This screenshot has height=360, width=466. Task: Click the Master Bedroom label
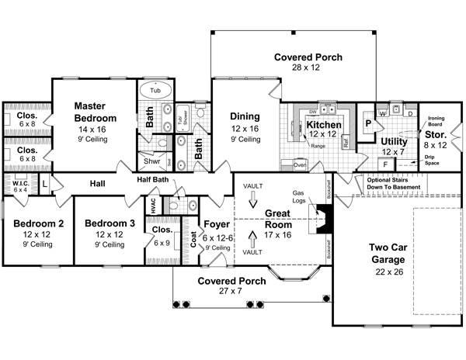pos(96,112)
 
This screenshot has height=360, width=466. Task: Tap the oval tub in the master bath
pos(156,91)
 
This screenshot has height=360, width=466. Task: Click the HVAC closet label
pos(154,206)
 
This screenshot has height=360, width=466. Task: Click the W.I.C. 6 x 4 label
pos(19,184)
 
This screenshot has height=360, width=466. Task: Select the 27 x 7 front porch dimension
pos(222,292)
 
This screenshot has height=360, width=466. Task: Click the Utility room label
pos(395,141)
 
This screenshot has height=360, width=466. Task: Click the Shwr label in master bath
pos(152,161)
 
